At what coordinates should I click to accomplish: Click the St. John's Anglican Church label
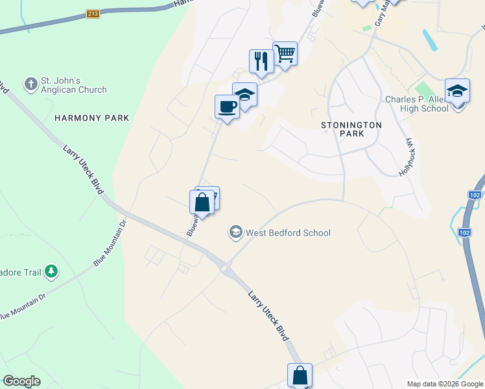click(x=73, y=85)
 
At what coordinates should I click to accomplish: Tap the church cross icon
click(x=30, y=84)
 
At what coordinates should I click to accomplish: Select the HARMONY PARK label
click(x=92, y=118)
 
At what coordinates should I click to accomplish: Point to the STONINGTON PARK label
click(x=351, y=128)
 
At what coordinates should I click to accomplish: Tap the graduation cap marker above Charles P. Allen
click(x=457, y=91)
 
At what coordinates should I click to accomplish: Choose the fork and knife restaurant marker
click(x=261, y=62)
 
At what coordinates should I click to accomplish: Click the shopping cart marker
click(x=285, y=54)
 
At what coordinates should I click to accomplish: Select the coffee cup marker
click(x=227, y=107)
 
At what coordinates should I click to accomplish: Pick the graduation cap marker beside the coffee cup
click(x=244, y=95)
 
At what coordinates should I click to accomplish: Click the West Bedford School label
click(x=289, y=233)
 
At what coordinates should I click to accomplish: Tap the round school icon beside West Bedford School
click(x=235, y=232)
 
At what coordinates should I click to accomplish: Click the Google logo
click(x=21, y=381)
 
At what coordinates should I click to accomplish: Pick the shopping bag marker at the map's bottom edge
click(x=300, y=375)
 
